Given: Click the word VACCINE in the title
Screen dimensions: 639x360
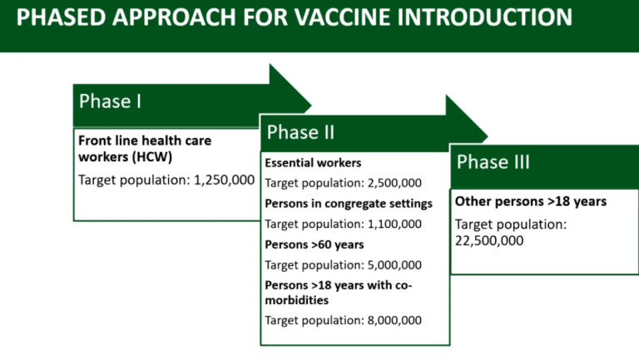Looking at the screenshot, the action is (x=342, y=17).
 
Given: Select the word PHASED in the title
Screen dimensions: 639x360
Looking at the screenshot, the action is (x=61, y=17).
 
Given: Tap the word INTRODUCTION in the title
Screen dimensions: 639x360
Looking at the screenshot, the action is (x=484, y=17).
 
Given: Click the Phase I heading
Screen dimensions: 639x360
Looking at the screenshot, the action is (x=110, y=101).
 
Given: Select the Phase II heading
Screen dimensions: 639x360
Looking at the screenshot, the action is (x=300, y=132).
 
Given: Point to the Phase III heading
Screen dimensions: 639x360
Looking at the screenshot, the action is (x=493, y=161).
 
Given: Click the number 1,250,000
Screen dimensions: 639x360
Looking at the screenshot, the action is (x=224, y=180).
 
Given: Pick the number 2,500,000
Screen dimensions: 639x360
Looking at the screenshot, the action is (x=394, y=183).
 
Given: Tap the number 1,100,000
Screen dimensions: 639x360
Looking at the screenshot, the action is (x=394, y=224).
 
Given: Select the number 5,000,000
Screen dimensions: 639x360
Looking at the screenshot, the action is (x=394, y=265).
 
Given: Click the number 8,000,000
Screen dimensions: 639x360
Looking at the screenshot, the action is (x=394, y=320).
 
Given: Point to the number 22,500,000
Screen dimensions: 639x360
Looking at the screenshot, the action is (x=489, y=240).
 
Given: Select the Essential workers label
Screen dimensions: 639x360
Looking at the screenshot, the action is (x=313, y=163).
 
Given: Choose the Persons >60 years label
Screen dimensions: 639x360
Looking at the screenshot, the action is (x=315, y=244).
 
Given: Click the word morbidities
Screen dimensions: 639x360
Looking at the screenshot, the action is (x=297, y=300).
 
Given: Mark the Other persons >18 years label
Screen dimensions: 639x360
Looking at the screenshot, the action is (x=531, y=201).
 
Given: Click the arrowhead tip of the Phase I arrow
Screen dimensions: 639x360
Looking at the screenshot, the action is (x=311, y=106).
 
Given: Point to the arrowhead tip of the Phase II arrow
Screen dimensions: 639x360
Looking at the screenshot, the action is (x=488, y=137).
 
